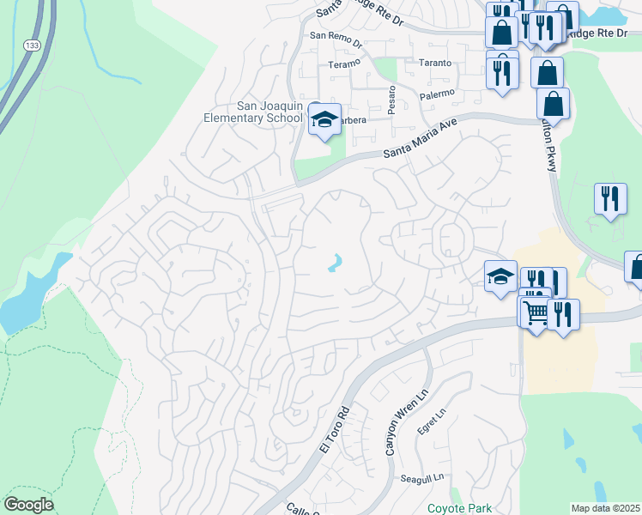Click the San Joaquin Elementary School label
pyautogui.click(x=253, y=112)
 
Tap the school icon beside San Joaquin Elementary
pyautogui.click(x=325, y=120)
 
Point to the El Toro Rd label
pyautogui.click(x=336, y=429)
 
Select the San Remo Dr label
pyautogui.click(x=336, y=36)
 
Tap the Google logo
pyautogui.click(x=28, y=505)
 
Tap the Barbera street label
pyautogui.click(x=352, y=121)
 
